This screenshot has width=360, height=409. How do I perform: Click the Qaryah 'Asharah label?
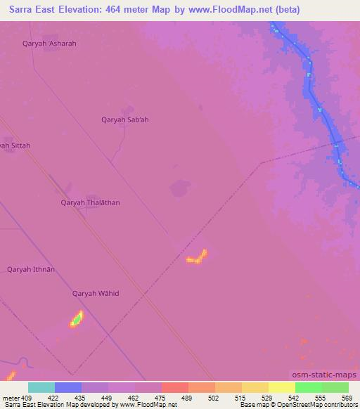tap(49, 44)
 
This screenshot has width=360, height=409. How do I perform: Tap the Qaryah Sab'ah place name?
tap(125, 119)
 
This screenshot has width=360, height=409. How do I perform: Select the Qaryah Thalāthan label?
tap(90, 203)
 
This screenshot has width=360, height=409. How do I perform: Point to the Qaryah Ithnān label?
tap(31, 269)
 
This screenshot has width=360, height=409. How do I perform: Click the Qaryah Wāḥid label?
tap(96, 294)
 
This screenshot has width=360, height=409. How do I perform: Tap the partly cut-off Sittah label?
tap(15, 145)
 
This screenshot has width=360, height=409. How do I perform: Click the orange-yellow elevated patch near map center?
tap(197, 257)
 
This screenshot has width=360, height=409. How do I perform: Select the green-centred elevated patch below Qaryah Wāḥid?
tap(76, 320)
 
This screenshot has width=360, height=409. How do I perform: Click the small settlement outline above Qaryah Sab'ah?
tap(127, 110)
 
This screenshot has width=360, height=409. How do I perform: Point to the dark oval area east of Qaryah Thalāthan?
tap(180, 188)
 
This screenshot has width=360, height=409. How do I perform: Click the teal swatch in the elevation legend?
tap(41, 387)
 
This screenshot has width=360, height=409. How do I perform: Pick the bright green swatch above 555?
tap(309, 387)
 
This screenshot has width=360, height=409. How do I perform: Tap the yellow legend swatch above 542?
tap(282, 387)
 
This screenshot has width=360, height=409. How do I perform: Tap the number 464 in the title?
tap(108, 10)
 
